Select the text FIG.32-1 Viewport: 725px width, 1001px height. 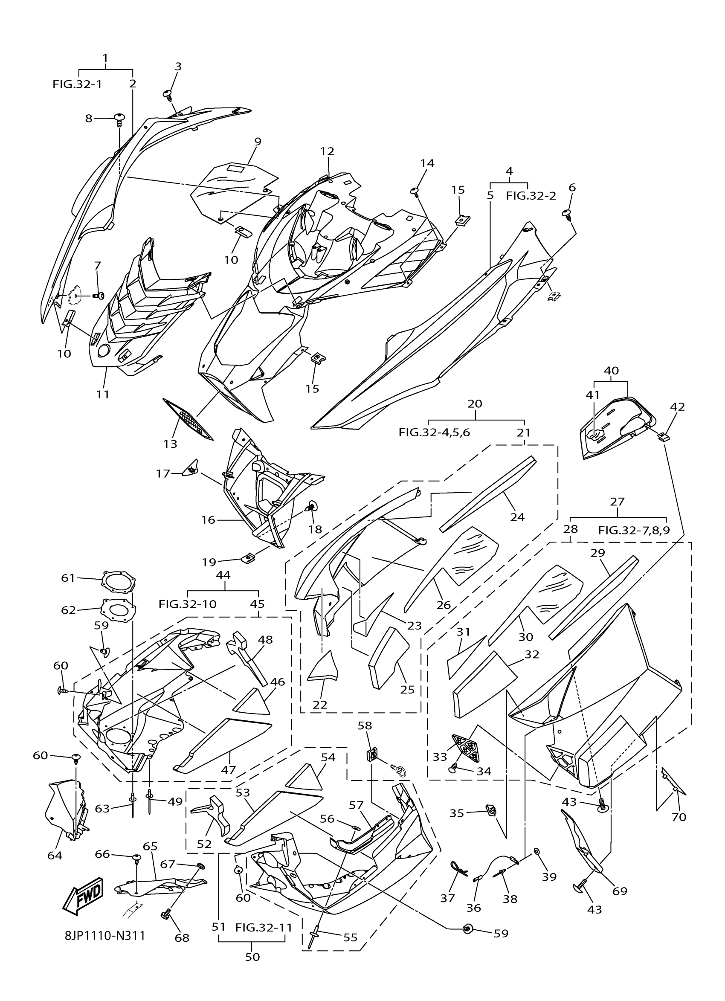coord(77,84)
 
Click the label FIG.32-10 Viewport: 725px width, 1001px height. coord(188,604)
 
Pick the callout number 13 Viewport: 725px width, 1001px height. coord(170,444)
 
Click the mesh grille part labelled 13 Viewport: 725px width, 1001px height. coord(188,419)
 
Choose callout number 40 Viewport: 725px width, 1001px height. coord(611,371)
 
